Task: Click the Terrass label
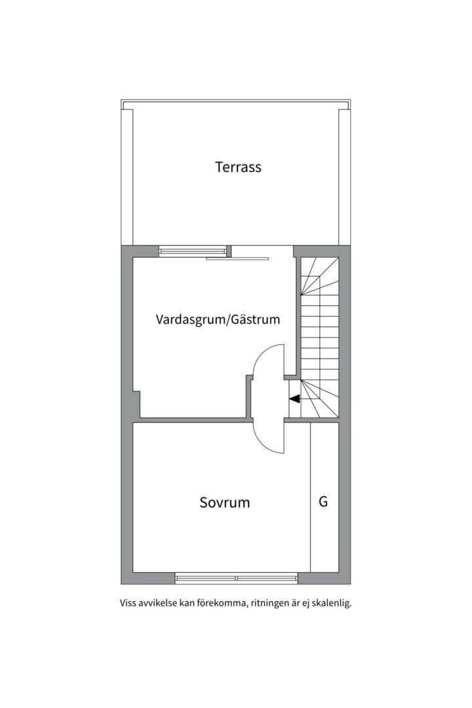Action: tap(238, 167)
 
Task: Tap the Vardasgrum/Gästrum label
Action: tap(218, 319)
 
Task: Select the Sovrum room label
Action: tap(224, 503)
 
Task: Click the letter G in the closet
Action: tap(323, 501)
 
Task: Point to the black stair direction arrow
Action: tap(294, 399)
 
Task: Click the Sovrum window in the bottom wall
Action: tap(237, 578)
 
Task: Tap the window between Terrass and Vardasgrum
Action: tap(193, 251)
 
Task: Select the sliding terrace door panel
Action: tap(237, 259)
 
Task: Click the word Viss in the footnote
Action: tap(128, 603)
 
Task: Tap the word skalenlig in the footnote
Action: tap(332, 603)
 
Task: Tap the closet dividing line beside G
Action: tap(311, 497)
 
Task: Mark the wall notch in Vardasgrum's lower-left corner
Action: tap(136, 404)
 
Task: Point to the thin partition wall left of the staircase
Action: tap(298, 316)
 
